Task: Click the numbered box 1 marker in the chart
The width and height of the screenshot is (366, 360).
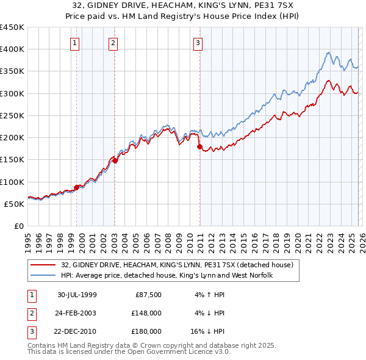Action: tap(74, 43)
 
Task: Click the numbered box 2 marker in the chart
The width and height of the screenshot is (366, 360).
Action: tap(113, 43)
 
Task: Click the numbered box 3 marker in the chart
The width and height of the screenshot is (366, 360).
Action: tap(198, 43)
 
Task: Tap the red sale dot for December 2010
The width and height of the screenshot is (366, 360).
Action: tap(199, 146)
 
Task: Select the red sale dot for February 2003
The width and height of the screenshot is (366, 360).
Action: tap(115, 160)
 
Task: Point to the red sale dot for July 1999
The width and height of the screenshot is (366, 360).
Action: tap(77, 187)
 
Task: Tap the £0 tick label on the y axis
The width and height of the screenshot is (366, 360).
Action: tap(19, 226)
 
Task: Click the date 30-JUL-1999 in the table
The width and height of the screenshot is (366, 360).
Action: tap(76, 295)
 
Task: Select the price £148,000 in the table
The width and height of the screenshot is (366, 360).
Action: tap(146, 313)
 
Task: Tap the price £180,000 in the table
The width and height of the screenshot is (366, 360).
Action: tap(146, 331)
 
